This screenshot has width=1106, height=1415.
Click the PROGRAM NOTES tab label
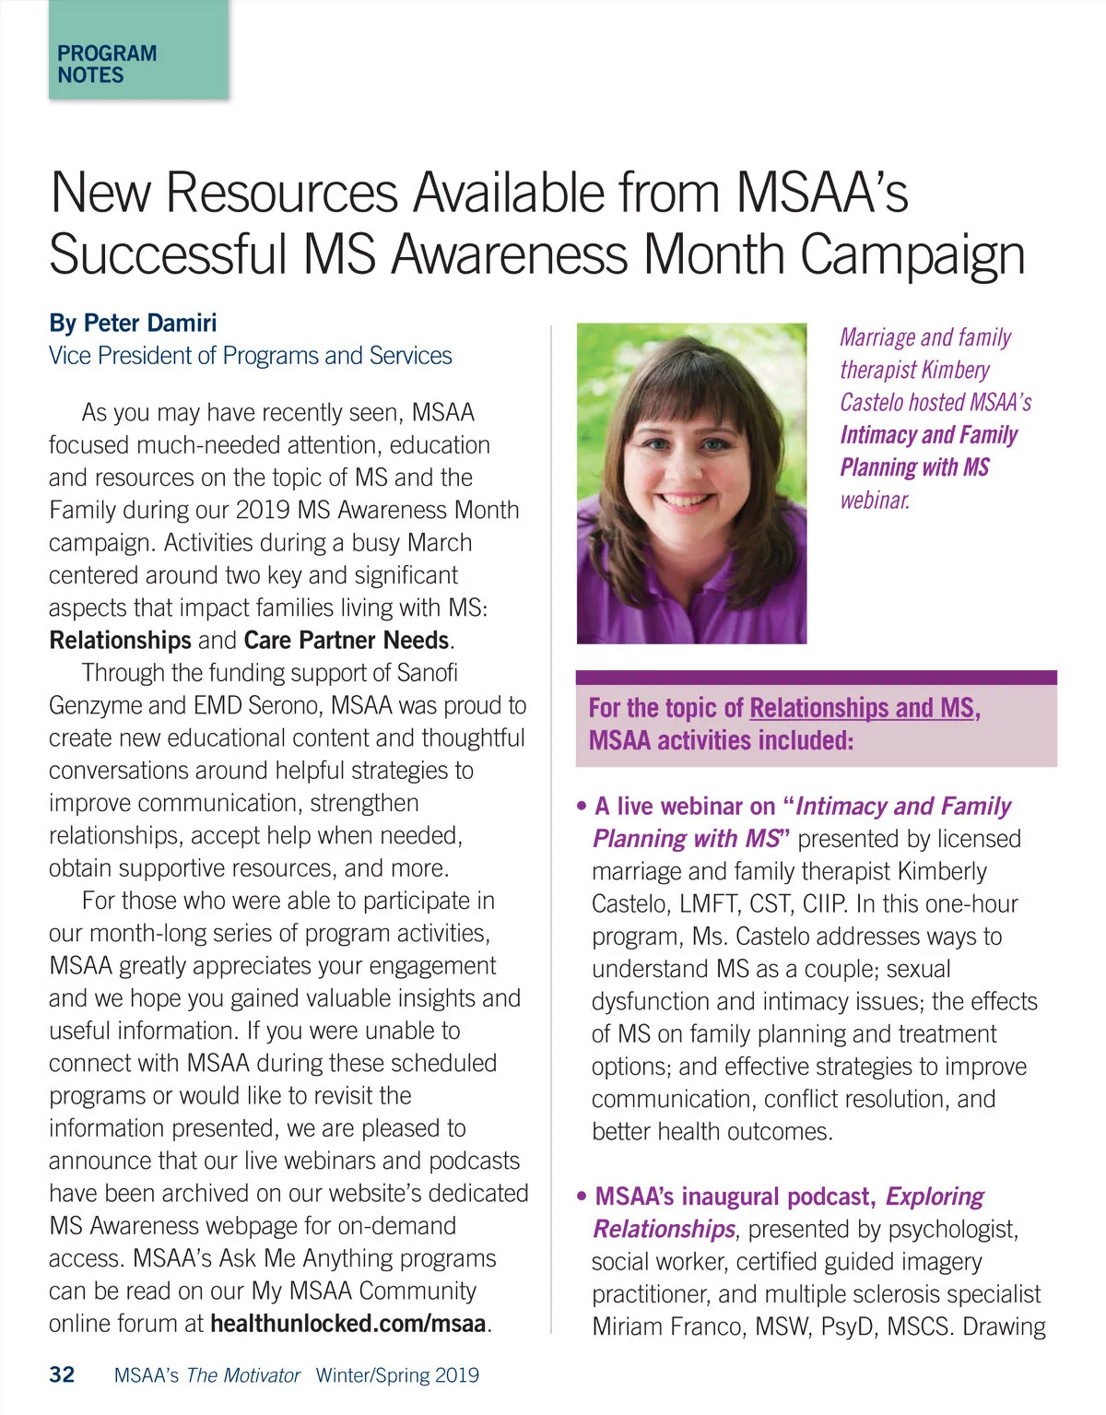coord(106,65)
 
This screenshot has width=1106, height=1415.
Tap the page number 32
coord(62,1374)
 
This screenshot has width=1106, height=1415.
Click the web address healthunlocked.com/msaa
coord(347,1324)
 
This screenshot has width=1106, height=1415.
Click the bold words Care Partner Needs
coord(347,640)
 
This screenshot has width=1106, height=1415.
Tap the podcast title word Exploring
coord(935,1197)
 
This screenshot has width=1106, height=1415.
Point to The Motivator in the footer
coord(243,1375)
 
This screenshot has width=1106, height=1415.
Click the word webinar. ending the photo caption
coord(875,501)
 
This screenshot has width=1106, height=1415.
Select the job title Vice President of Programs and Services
coord(251,356)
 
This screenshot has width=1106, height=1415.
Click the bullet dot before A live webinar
coord(581,807)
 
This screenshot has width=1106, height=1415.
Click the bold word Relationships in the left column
coord(120,640)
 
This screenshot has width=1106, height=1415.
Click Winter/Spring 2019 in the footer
coord(397,1375)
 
